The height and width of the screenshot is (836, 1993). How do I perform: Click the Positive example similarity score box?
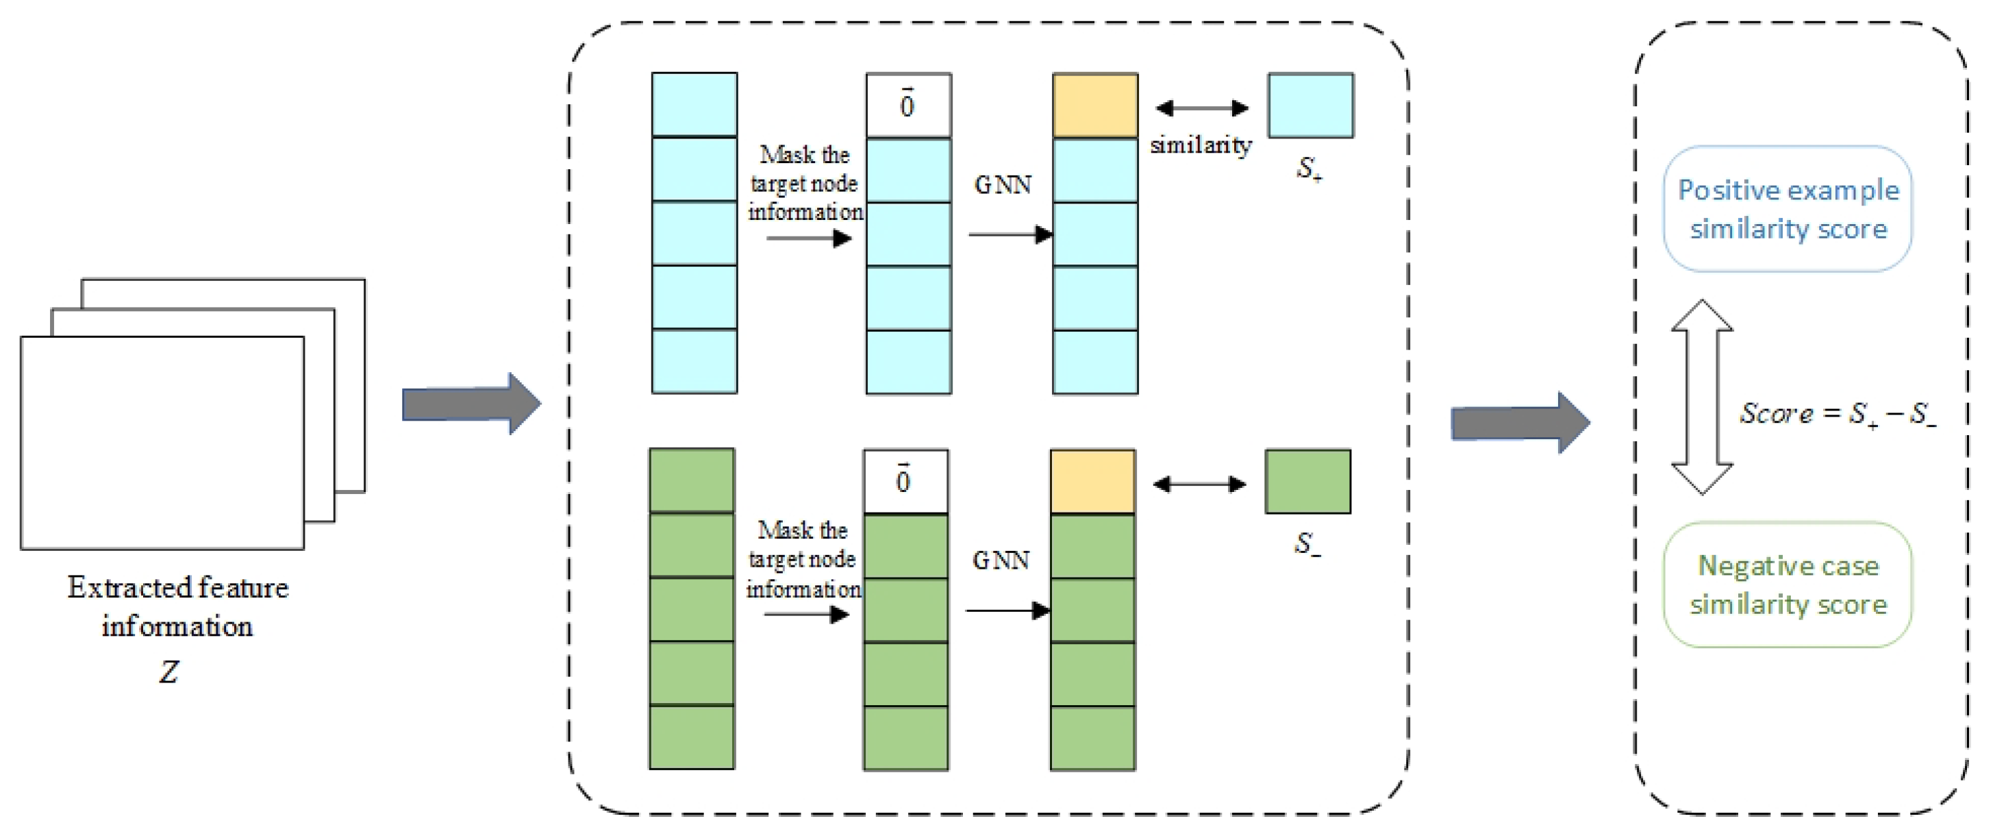click(x=1788, y=209)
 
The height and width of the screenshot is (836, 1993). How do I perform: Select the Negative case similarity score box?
click(x=1788, y=585)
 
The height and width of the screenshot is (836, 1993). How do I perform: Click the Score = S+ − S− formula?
click(x=1838, y=414)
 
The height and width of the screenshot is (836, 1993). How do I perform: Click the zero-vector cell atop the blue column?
click(x=908, y=106)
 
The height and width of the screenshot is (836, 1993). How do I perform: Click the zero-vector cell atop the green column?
click(x=905, y=482)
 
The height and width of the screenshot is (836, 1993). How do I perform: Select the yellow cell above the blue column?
click(x=1094, y=106)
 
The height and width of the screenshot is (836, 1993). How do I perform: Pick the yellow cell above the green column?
click(x=1092, y=482)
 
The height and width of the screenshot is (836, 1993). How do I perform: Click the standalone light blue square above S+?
click(x=1311, y=106)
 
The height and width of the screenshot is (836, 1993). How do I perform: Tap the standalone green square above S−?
click(x=1307, y=482)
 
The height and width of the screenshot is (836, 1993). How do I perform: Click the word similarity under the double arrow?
click(x=1200, y=145)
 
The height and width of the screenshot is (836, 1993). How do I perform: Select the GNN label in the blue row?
click(x=1003, y=185)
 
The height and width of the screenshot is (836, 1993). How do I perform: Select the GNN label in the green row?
click(x=1001, y=561)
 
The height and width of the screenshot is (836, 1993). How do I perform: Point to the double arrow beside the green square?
click(x=1199, y=484)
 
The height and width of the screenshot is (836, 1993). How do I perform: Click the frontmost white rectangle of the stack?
click(x=162, y=443)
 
